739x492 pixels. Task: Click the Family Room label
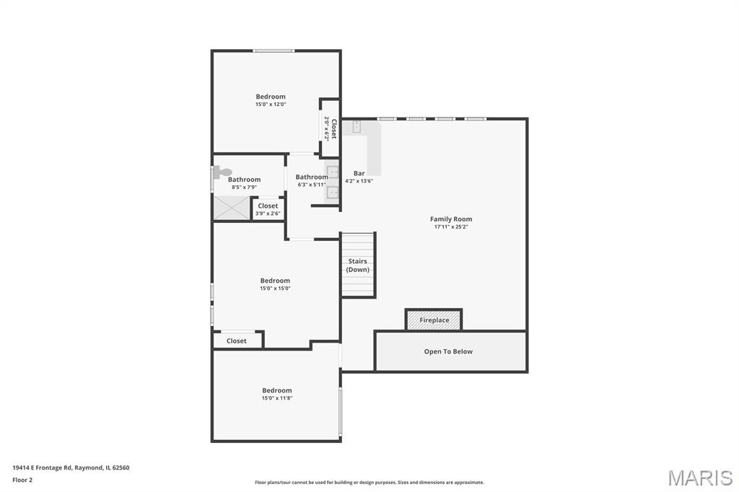click(x=450, y=219)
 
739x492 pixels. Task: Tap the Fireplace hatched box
click(x=434, y=320)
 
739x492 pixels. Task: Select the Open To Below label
click(x=448, y=351)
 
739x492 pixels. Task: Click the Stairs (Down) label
click(x=358, y=265)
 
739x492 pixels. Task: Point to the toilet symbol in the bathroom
click(x=222, y=172)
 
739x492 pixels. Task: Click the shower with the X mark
click(x=232, y=208)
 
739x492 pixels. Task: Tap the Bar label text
click(x=359, y=173)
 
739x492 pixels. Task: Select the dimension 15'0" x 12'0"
click(x=271, y=104)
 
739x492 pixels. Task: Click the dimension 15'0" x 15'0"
click(x=275, y=289)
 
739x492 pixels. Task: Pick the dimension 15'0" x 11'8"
click(x=277, y=398)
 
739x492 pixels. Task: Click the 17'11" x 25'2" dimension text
click(x=451, y=227)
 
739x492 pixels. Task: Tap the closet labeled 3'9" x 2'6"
click(x=268, y=208)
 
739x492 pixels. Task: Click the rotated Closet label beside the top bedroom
click(x=333, y=128)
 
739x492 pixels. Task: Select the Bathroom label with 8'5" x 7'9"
click(x=244, y=179)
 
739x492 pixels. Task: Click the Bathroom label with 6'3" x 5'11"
click(x=312, y=177)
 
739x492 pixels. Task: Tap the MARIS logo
click(x=700, y=478)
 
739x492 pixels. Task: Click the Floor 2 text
click(x=22, y=480)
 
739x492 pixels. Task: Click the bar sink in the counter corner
click(x=357, y=126)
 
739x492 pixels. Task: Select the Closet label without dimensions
click(x=236, y=341)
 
